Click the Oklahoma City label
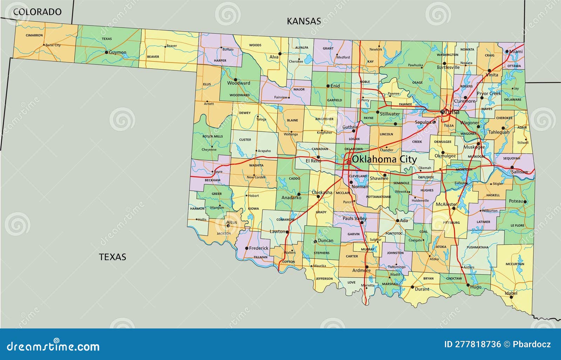[x=384, y=159]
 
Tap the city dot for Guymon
[x=106, y=52]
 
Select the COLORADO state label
[x=37, y=12]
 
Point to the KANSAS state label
[x=304, y=21]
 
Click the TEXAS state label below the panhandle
[x=112, y=257]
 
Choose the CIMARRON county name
[x=34, y=35]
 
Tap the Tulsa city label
[x=452, y=112]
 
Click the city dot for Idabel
[x=511, y=297]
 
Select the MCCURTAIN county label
[x=515, y=264]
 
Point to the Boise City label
[x=53, y=45]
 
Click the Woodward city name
[x=239, y=83]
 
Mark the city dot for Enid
[x=328, y=86]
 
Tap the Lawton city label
[x=277, y=232]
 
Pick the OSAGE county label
[x=417, y=83]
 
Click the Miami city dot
[x=507, y=52]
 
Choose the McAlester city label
[x=446, y=204]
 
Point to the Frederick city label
[x=258, y=248]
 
